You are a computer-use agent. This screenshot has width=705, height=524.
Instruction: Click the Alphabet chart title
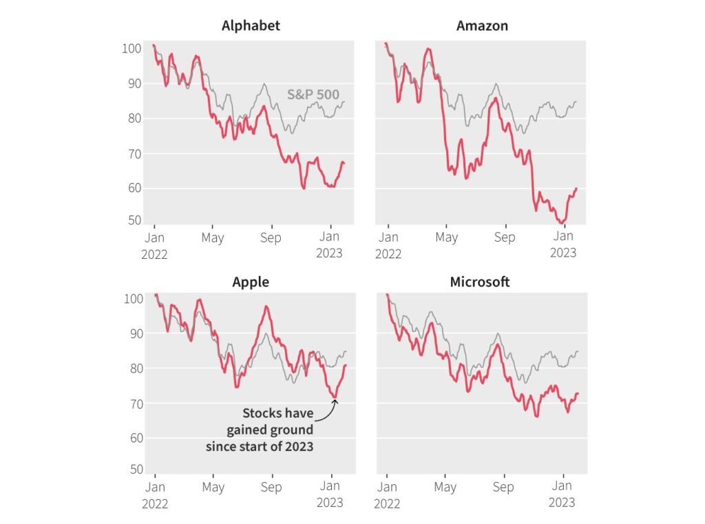click(251, 26)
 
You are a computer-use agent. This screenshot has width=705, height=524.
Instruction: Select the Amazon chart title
click(482, 26)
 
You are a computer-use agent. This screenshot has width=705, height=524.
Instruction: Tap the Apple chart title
click(251, 282)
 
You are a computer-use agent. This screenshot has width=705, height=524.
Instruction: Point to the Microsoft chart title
click(480, 282)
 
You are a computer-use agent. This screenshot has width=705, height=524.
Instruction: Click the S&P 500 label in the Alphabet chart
click(313, 95)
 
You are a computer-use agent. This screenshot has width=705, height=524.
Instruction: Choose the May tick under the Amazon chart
click(447, 238)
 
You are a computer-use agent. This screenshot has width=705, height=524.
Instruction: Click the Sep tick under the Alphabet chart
click(271, 238)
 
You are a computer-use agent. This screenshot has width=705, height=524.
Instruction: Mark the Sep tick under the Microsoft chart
click(504, 487)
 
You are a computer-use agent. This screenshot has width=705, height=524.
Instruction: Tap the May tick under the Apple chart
click(213, 487)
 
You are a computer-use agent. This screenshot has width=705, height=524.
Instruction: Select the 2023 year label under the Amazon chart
click(562, 253)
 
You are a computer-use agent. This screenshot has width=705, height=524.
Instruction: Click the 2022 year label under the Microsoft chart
click(388, 503)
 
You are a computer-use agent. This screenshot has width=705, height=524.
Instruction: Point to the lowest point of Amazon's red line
click(561, 223)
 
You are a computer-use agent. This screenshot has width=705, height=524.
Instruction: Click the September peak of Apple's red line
click(266, 306)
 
